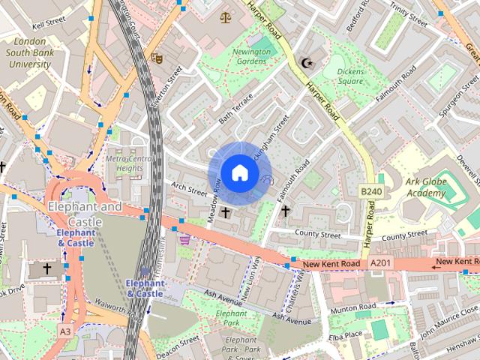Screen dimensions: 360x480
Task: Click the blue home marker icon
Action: [x=238, y=172]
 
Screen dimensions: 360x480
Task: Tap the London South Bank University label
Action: [x=30, y=52]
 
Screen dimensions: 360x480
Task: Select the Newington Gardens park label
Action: [x=250, y=57]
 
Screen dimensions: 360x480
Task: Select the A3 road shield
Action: [x=66, y=331]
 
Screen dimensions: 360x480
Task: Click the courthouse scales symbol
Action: [x=225, y=16]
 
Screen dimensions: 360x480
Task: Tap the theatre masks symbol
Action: [x=157, y=57]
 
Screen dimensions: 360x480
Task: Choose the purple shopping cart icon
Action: [x=184, y=240]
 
